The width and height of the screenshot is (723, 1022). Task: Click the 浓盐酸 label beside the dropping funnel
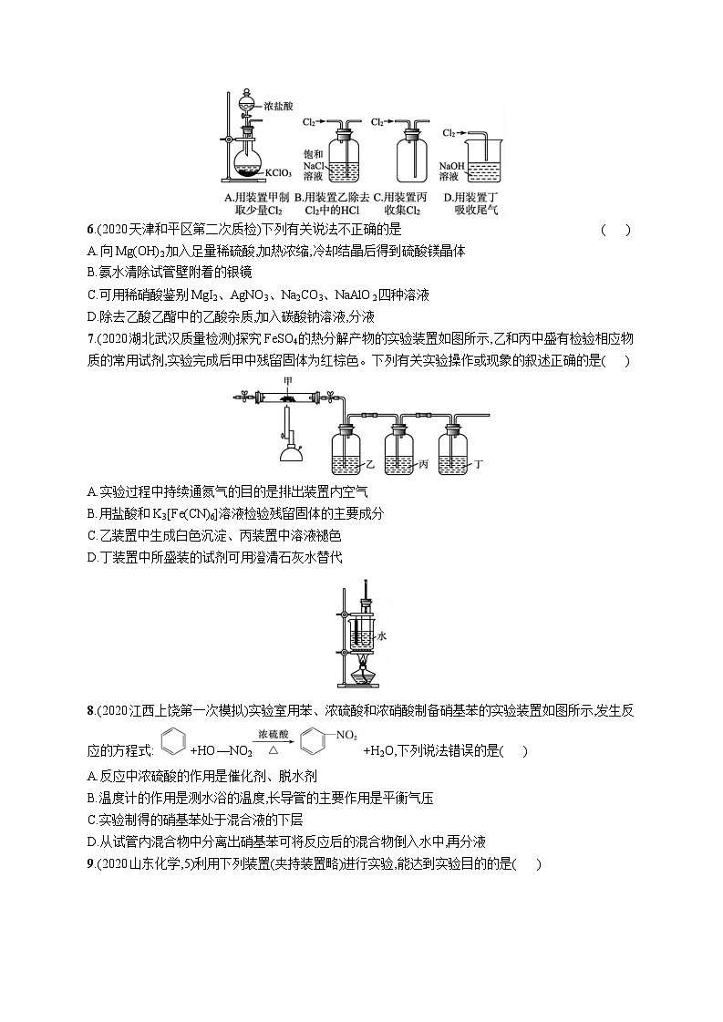coord(278,107)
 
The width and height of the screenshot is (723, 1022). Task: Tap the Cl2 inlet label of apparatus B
coord(310,121)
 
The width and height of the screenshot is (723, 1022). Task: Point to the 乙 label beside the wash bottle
coord(370,464)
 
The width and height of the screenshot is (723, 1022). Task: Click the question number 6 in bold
coord(90,230)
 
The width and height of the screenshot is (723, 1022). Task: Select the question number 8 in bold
coord(90,709)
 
